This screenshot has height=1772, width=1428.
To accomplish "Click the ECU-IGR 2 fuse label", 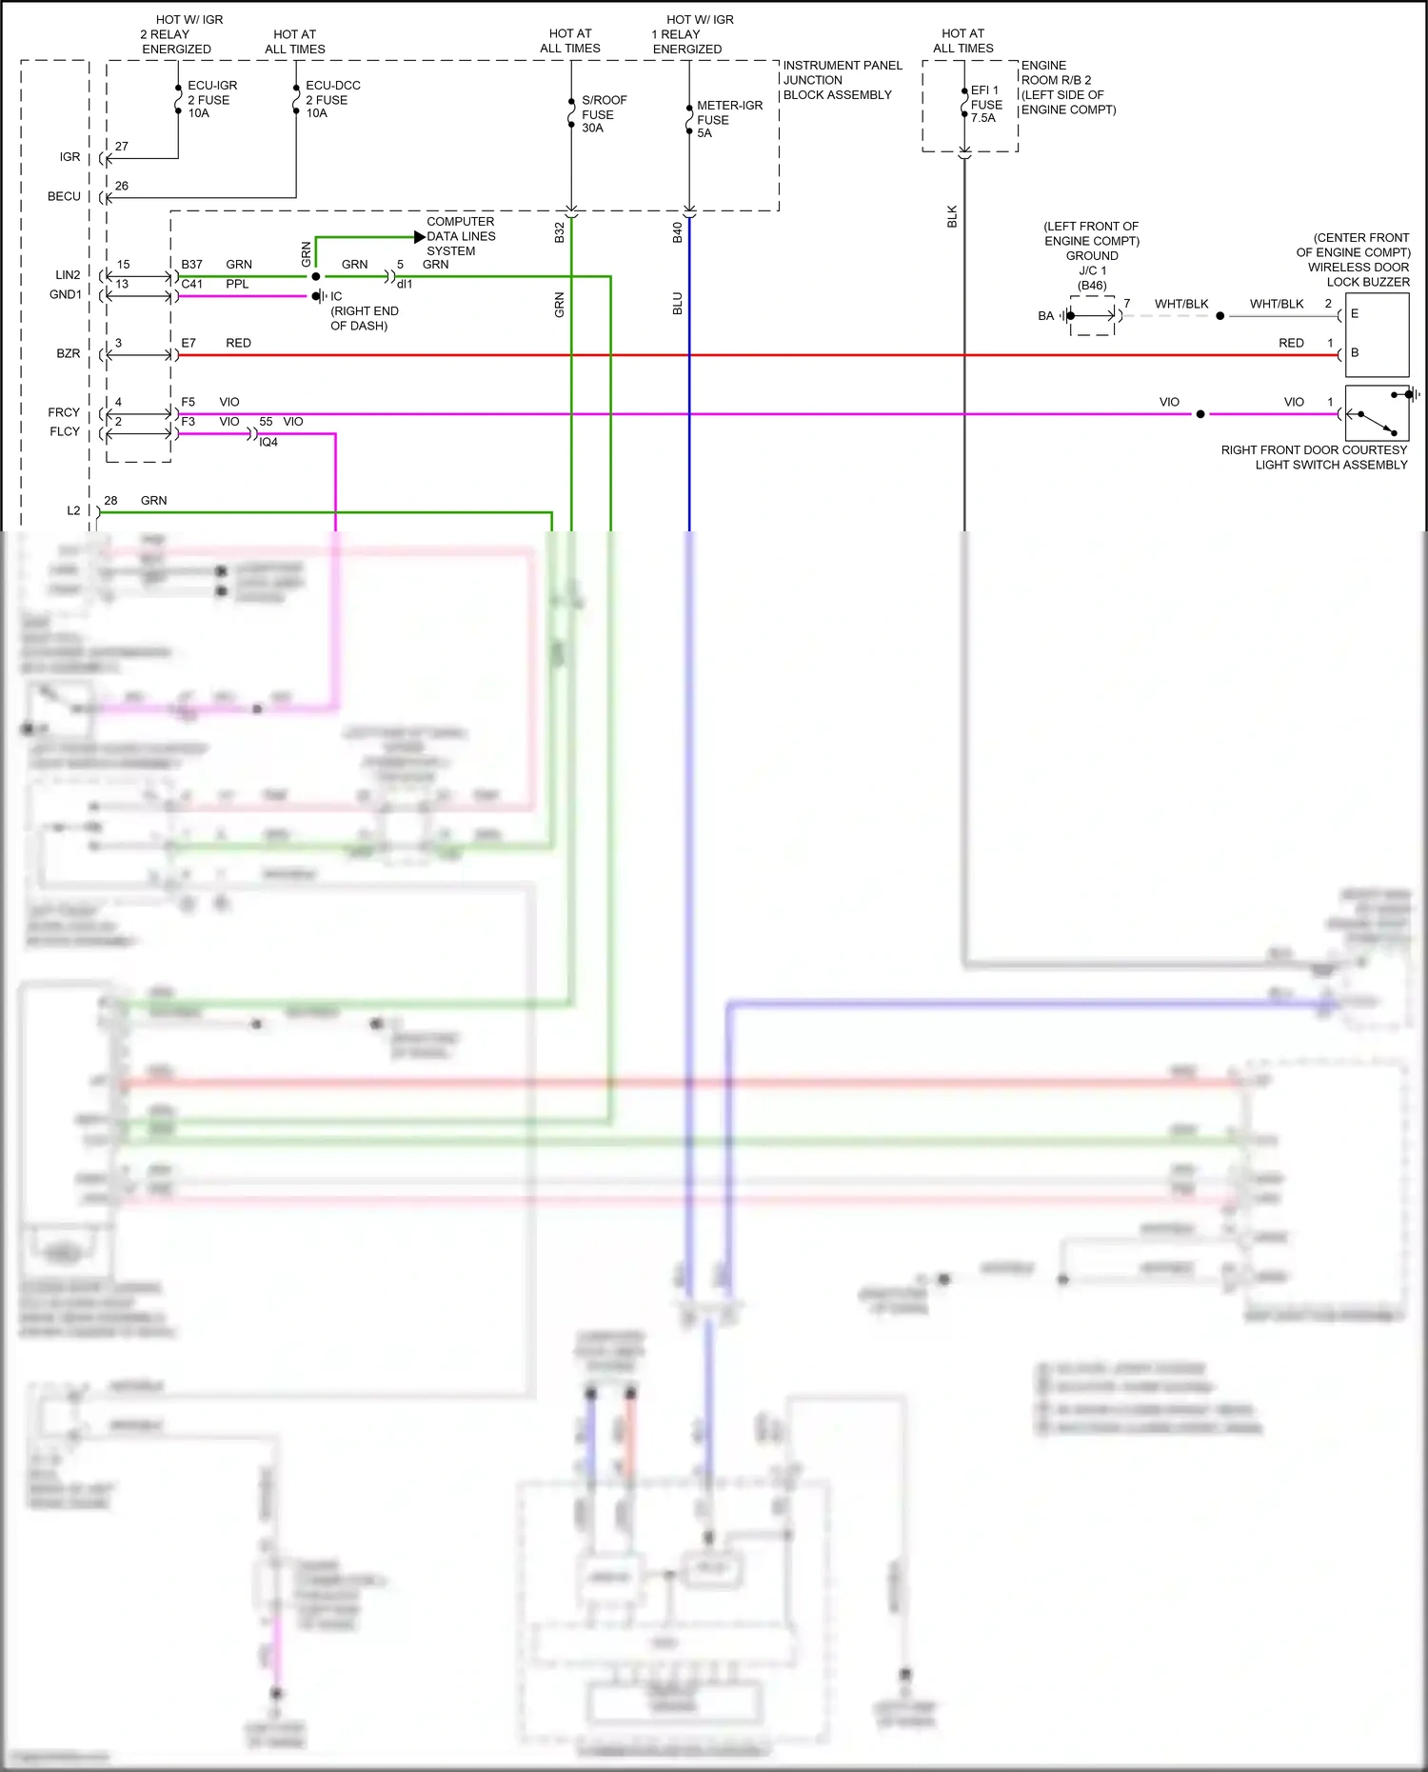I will click(x=210, y=99).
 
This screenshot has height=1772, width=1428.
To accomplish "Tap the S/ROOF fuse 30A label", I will click(x=603, y=113).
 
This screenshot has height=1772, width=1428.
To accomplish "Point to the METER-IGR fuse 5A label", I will click(x=728, y=119).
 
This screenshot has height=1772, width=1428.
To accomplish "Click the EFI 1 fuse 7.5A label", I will click(x=985, y=104).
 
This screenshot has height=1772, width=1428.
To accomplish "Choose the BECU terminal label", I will click(x=64, y=196).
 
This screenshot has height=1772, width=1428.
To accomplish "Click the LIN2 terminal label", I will click(x=68, y=274).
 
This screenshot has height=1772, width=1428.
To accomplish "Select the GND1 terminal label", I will click(x=66, y=294).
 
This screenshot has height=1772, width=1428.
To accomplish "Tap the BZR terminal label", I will click(x=69, y=353).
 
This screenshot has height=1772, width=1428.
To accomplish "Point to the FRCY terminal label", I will click(x=64, y=412).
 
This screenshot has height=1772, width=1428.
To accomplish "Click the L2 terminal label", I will click(x=73, y=510).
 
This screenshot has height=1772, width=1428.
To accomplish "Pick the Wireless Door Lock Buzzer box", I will click(x=1377, y=334).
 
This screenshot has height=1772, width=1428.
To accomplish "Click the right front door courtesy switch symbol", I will click(x=1377, y=414).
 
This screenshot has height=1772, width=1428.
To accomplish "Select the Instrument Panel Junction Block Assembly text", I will click(x=842, y=80).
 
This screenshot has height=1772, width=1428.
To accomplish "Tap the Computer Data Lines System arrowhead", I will click(x=420, y=236).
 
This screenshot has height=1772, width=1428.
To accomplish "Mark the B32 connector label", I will click(x=560, y=232).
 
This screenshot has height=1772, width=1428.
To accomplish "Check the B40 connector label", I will click(x=678, y=232).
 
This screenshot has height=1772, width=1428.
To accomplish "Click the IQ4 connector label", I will click(x=268, y=443).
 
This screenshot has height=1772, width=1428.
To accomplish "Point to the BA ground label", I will click(x=1045, y=316).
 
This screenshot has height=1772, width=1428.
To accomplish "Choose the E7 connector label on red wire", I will click(x=188, y=343).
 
